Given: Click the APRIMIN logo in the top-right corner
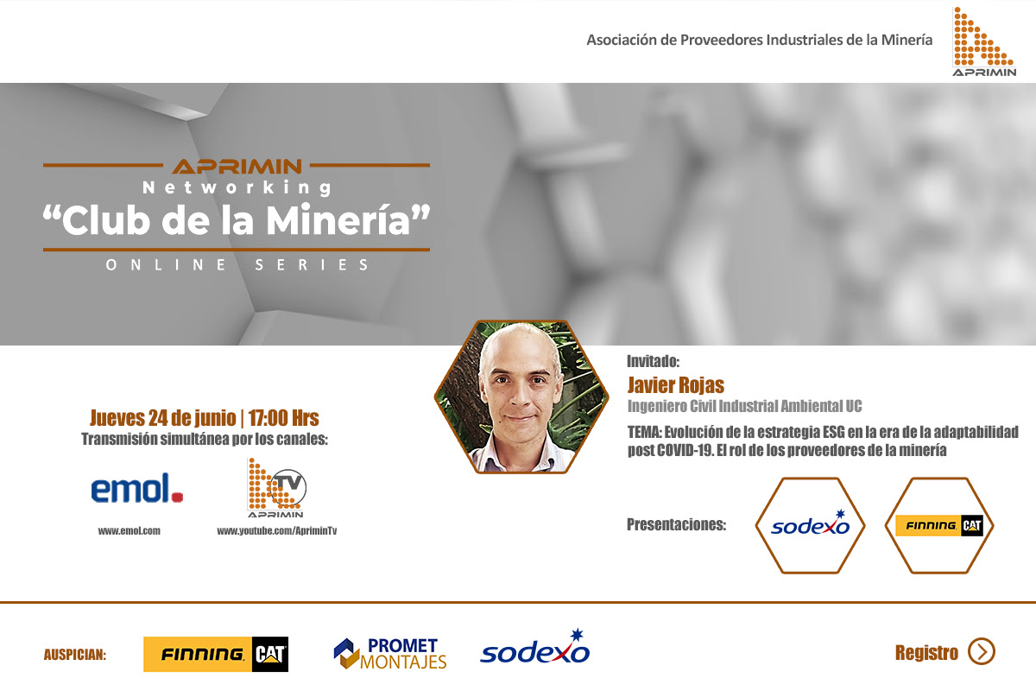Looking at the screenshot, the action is pos(983,41).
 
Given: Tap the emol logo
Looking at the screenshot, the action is pos(137,488).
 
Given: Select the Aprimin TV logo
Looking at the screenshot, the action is pos(276,488).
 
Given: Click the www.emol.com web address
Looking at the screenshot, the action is pos(129,531).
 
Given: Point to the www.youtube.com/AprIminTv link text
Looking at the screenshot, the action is pos(276,531).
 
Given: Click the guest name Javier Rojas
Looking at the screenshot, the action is pos(675,385).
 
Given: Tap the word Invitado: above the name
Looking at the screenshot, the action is pos(653,361).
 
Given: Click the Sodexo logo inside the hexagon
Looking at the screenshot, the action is pos(811,524).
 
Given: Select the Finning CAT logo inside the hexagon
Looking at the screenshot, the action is pos(939,526).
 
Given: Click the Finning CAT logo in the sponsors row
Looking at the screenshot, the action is pos(216,654).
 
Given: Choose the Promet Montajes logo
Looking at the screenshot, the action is pos(390,654).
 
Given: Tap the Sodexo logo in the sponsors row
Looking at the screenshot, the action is pos(534,647).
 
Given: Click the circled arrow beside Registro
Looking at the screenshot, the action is pos(982,651).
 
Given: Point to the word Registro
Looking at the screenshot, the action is pos(926,653).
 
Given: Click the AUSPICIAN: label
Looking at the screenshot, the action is pos(75,655).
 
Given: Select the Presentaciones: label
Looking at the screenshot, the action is pos(676,524).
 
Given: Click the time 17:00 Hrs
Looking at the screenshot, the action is pos(283,418).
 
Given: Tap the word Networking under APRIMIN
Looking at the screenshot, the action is pos(237,187).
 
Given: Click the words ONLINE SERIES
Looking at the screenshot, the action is pos(237,264).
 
